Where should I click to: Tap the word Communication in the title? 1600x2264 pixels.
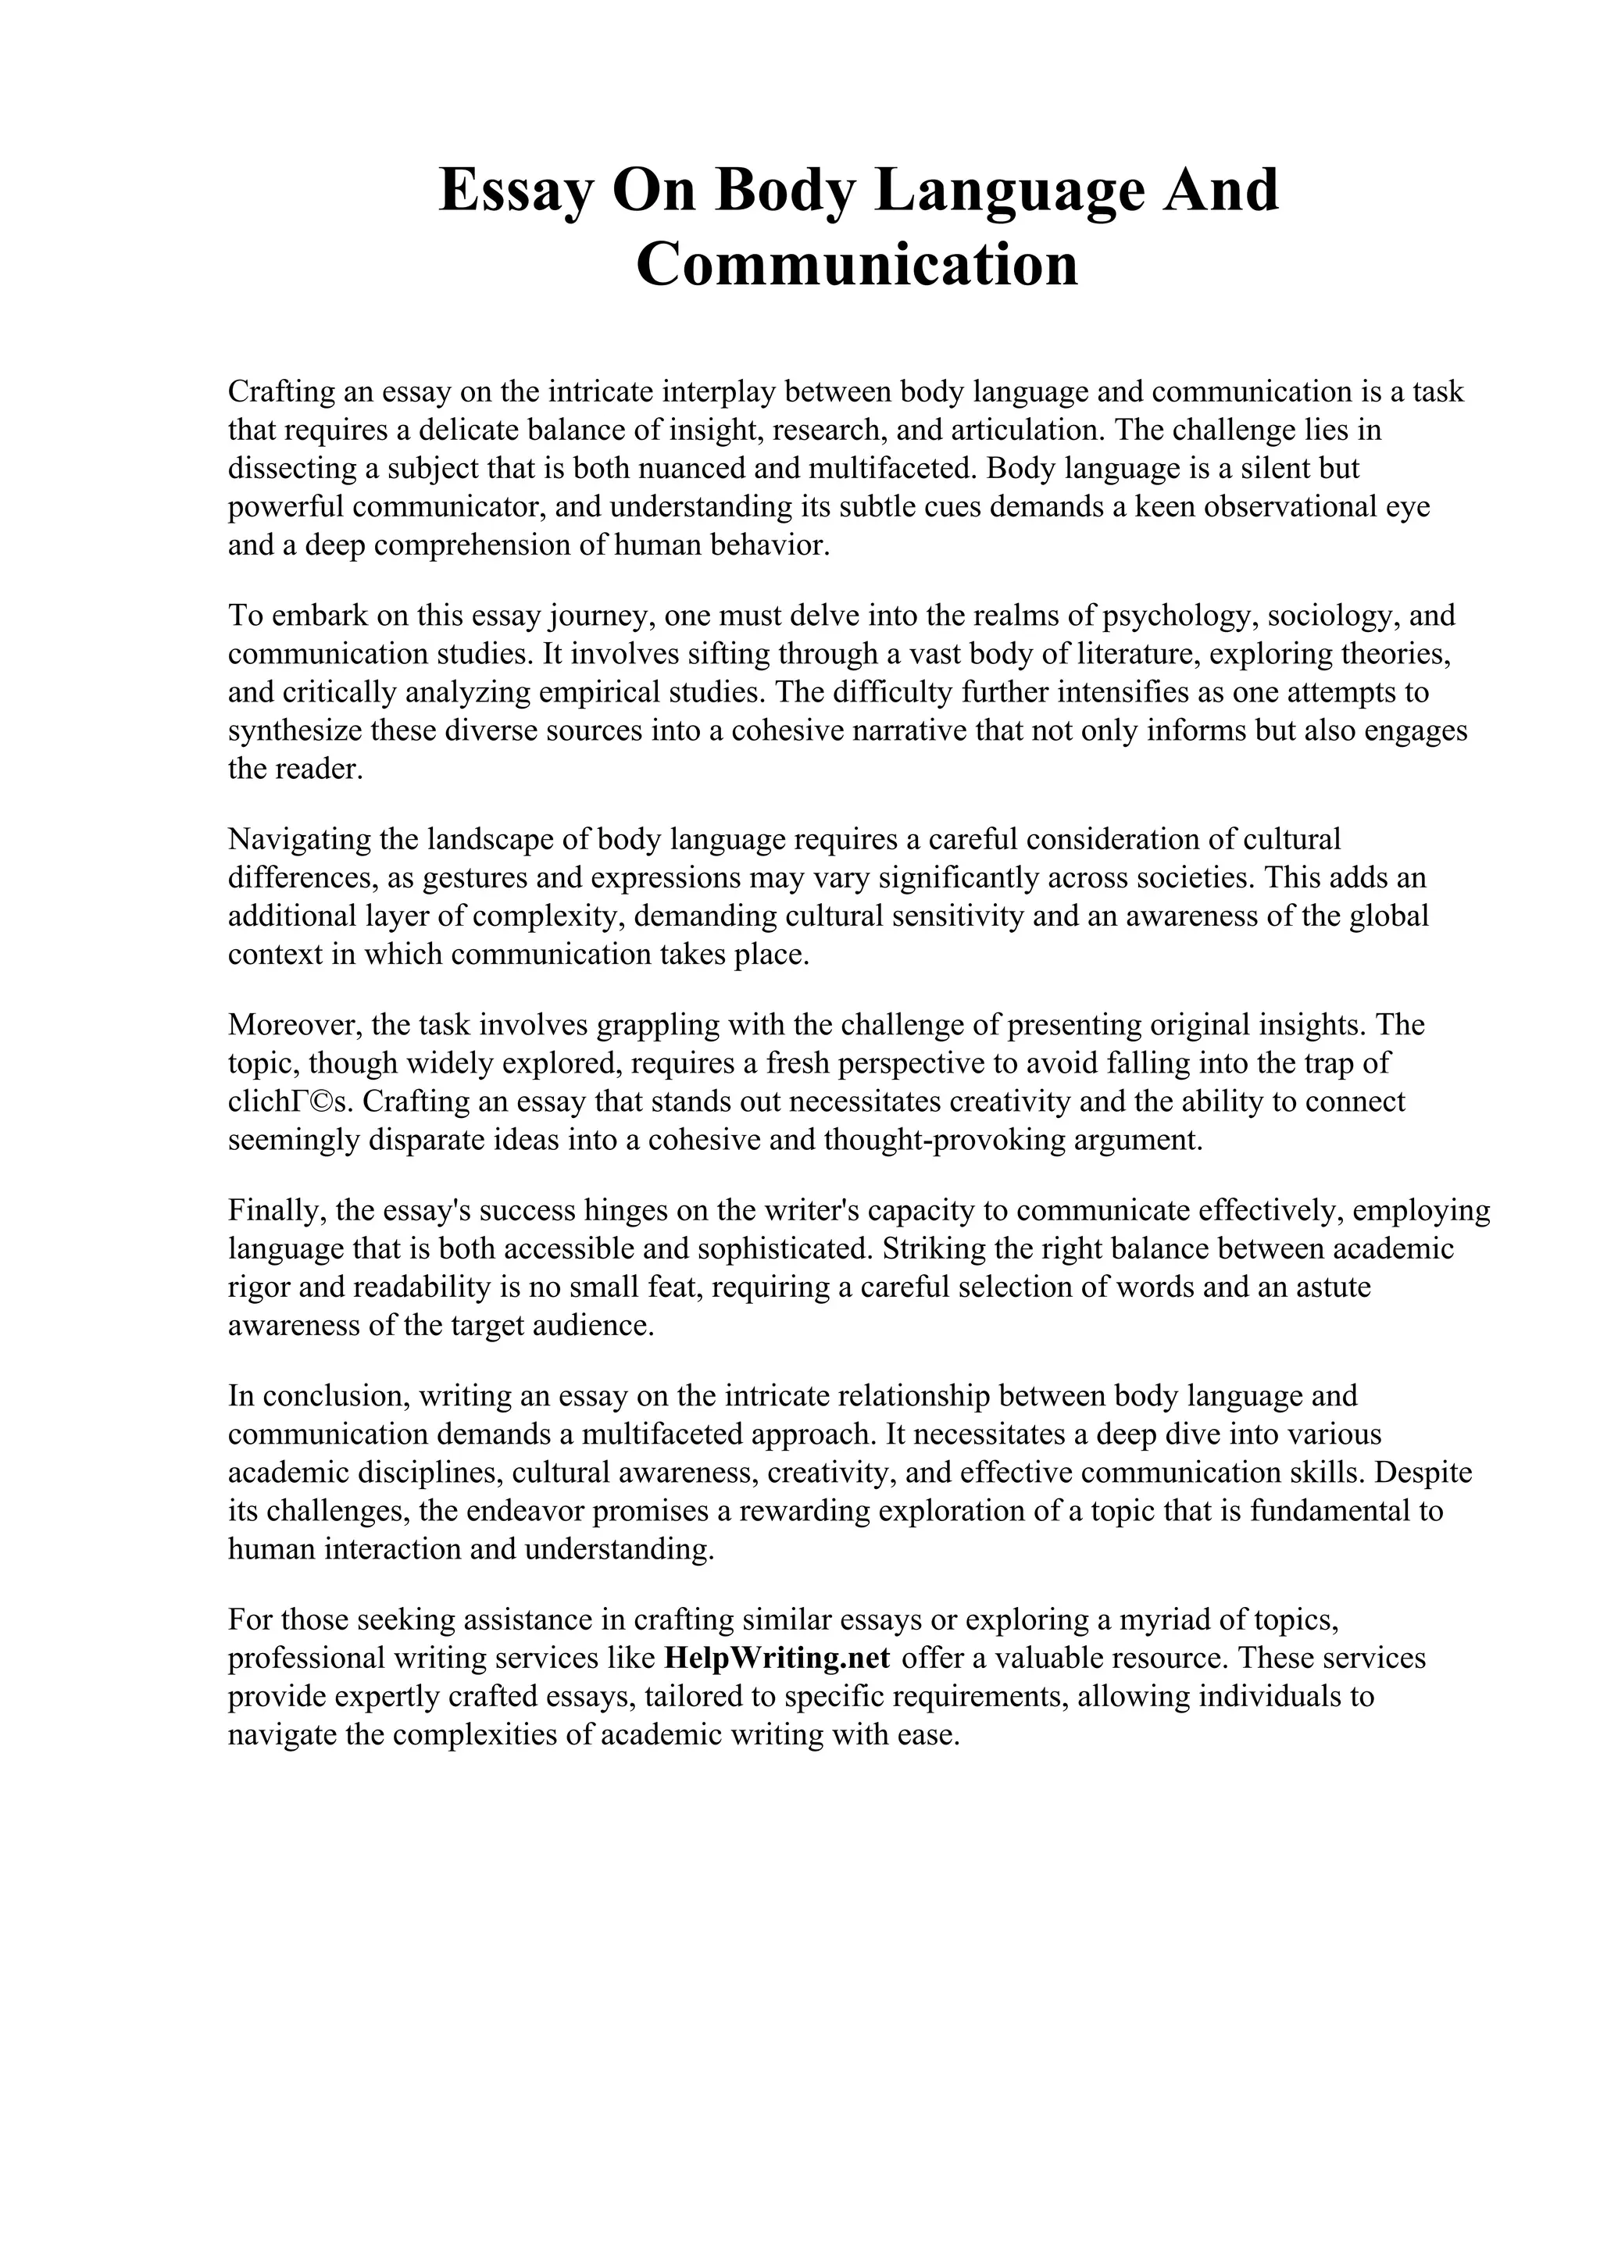coord(858,266)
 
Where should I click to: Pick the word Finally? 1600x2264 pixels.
coord(269,1210)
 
